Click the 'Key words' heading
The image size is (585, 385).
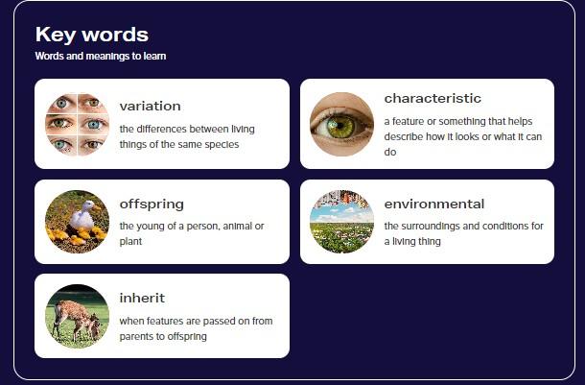click(92, 35)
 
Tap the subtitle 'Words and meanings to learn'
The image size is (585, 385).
click(101, 57)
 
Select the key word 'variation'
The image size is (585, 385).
click(150, 106)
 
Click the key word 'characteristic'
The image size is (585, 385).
click(433, 98)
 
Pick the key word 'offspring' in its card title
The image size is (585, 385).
click(152, 205)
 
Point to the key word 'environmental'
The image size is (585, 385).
click(433, 204)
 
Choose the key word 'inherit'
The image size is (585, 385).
click(142, 298)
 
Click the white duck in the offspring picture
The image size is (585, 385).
click(83, 216)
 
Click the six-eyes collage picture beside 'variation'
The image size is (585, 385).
click(78, 125)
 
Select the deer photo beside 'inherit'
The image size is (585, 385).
click(78, 316)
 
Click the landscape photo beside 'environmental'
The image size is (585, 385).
click(341, 222)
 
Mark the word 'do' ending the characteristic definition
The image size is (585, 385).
click(390, 152)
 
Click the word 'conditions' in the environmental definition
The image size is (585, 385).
click(497, 226)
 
